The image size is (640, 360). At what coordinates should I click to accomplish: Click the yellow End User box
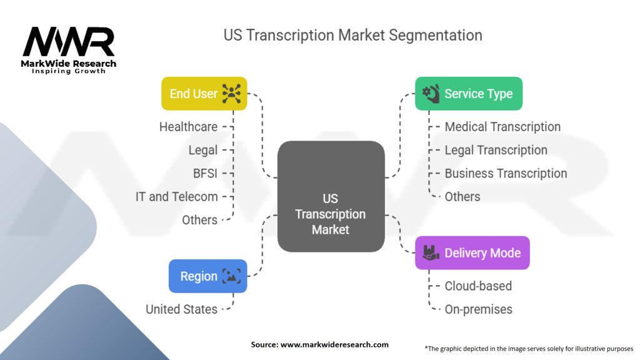(x=204, y=94)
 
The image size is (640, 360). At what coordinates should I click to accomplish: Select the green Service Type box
(x=469, y=94)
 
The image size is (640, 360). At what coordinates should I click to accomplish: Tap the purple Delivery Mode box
(x=472, y=252)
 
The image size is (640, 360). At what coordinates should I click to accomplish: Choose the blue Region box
(x=207, y=276)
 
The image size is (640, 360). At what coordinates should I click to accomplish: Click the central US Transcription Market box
(x=331, y=196)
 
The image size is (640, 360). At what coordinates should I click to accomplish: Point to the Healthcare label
(x=188, y=127)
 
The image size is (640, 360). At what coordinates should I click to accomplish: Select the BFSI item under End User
(x=205, y=174)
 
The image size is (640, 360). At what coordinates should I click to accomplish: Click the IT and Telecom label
(x=177, y=197)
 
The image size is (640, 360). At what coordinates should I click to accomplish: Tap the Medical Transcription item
(x=502, y=127)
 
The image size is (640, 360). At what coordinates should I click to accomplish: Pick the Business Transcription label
(x=506, y=174)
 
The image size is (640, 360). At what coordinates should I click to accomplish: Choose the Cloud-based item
(x=478, y=286)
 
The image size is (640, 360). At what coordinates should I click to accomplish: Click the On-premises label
(x=478, y=309)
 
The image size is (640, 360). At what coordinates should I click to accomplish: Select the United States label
(x=182, y=309)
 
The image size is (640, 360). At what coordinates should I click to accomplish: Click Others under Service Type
(x=462, y=197)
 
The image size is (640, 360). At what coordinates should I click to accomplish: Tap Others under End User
(x=199, y=220)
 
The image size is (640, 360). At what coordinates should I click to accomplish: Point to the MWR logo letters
(x=69, y=42)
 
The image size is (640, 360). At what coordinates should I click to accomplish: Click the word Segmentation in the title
(x=435, y=36)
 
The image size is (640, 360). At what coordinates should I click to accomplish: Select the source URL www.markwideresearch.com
(x=334, y=344)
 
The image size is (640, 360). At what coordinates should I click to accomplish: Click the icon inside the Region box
(x=231, y=276)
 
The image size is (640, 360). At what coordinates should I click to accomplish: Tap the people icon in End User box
(x=231, y=94)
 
